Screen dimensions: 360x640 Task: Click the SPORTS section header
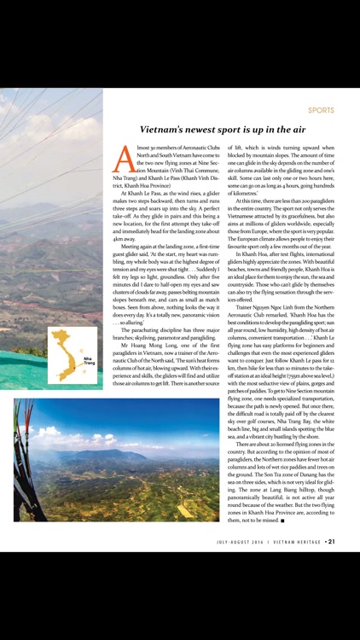pos(321,110)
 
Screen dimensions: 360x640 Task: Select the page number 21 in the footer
pos(331,540)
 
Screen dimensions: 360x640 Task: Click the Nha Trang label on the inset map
pos(89,362)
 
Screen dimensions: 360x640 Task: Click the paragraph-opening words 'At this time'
pos(255,199)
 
